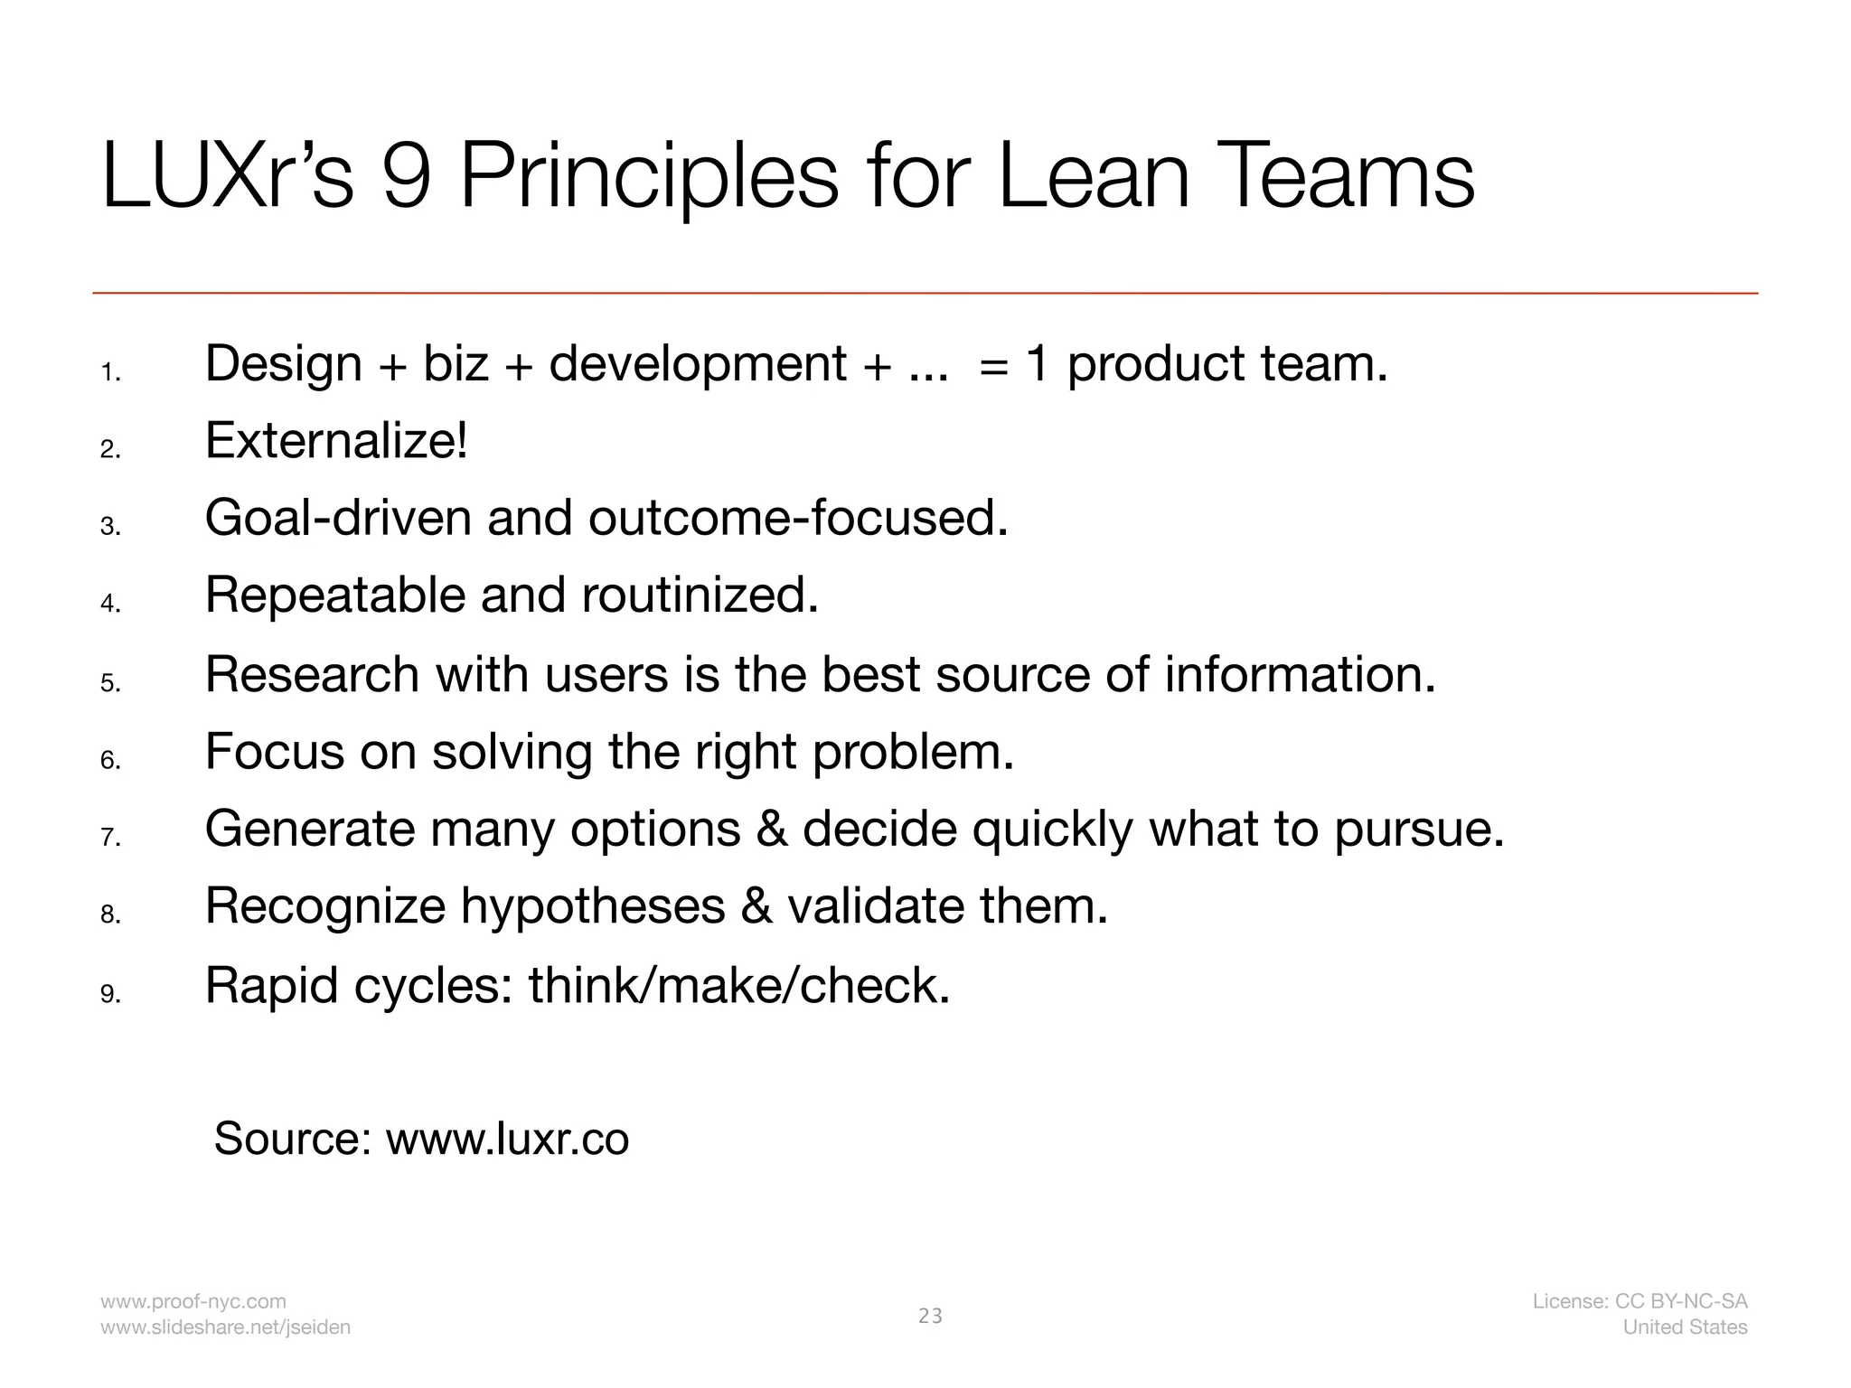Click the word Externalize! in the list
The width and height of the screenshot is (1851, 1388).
pyautogui.click(x=336, y=441)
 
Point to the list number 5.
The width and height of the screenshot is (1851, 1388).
pyautogui.click(x=109, y=683)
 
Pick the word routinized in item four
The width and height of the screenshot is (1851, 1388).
pyautogui.click(x=699, y=596)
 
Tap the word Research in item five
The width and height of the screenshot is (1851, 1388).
pyautogui.click(x=312, y=674)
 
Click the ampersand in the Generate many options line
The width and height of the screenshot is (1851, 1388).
pyautogui.click(x=772, y=829)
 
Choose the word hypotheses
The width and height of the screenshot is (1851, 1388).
pyautogui.click(x=593, y=906)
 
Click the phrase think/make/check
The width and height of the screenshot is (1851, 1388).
pyautogui.click(x=738, y=985)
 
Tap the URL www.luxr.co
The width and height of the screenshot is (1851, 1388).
pyautogui.click(x=507, y=1139)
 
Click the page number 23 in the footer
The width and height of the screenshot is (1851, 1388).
pyautogui.click(x=930, y=1317)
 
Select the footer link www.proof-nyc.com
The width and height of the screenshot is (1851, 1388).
pyautogui.click(x=193, y=1301)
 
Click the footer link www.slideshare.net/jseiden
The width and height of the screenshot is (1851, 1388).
pyautogui.click(x=225, y=1327)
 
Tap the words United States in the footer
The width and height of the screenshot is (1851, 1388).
pyautogui.click(x=1685, y=1327)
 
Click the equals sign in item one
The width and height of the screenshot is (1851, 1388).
pyautogui.click(x=993, y=365)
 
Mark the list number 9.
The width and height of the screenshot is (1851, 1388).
pyautogui.click(x=109, y=994)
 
